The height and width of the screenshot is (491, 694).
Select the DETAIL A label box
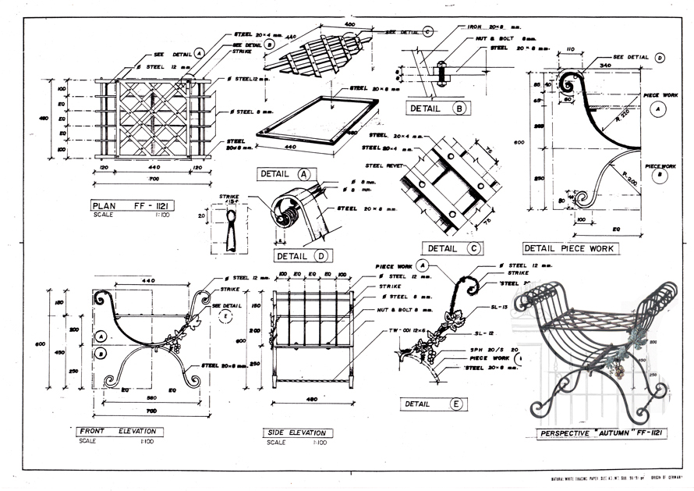point(285,174)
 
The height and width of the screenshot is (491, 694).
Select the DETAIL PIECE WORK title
point(568,248)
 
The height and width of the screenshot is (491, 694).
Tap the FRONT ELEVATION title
point(119,431)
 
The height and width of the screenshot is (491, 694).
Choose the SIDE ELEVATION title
point(299,432)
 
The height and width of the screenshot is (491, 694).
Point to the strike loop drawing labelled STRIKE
point(228,233)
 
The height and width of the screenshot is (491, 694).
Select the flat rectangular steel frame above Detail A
point(310,120)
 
